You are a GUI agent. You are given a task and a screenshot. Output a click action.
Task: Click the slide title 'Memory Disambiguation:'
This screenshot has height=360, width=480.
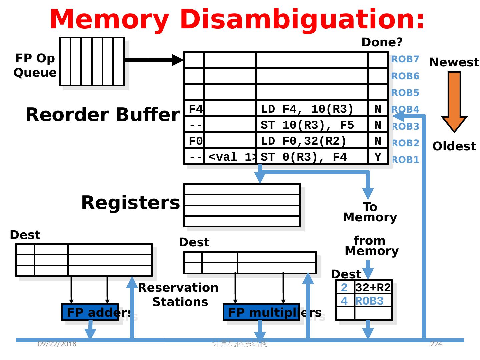click(237, 19)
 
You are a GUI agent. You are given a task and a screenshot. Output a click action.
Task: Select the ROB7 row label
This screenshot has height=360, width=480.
click(405, 59)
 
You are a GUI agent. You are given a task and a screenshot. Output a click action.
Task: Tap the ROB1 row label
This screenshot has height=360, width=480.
click(405, 160)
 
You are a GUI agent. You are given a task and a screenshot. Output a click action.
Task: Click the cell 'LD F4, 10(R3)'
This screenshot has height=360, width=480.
click(307, 109)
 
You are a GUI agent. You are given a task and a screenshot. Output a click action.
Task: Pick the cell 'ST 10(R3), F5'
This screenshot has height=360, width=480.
click(307, 125)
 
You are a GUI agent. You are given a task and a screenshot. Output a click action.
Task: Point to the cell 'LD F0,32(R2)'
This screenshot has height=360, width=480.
click(303, 141)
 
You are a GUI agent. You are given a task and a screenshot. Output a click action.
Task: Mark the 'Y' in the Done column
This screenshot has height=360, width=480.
click(378, 157)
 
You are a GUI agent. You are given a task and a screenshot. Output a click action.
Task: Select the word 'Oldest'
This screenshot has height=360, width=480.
click(454, 146)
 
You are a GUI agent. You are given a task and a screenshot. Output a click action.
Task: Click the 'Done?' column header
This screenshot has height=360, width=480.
click(382, 42)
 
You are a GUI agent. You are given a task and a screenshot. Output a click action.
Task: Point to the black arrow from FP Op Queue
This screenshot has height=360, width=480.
click(153, 60)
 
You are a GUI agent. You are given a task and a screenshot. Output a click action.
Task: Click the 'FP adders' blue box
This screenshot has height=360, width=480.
click(90, 312)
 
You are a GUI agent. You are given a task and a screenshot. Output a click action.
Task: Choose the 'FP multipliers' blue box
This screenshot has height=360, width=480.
click(261, 312)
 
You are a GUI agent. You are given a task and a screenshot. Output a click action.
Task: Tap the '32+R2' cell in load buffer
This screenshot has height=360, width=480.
click(373, 287)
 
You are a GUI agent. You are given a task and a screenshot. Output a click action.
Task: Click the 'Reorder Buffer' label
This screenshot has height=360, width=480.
click(103, 115)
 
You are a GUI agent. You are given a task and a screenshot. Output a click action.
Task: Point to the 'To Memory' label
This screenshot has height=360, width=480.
click(370, 212)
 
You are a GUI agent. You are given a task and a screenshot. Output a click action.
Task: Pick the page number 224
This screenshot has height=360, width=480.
click(436, 344)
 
